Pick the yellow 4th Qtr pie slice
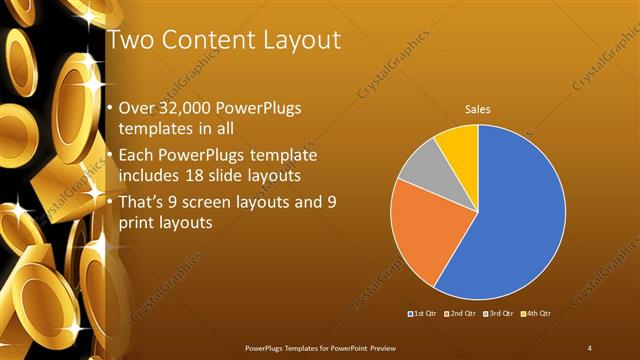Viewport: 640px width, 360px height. [x=458, y=143]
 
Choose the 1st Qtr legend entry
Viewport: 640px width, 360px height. [x=424, y=314]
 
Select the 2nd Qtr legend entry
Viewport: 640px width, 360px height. [x=461, y=314]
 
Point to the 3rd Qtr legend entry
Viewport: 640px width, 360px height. [x=497, y=314]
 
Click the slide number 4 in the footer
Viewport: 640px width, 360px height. [x=590, y=347]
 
